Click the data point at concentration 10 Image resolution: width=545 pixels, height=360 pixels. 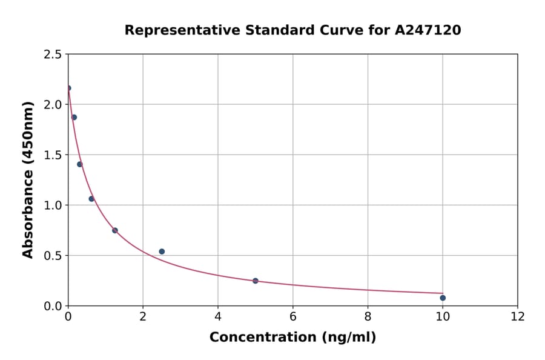pos(443,298)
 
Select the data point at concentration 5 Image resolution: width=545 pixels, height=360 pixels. pos(256,281)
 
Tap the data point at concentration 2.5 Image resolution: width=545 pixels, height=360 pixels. pos(162,252)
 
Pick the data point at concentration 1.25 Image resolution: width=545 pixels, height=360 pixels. pos(115,230)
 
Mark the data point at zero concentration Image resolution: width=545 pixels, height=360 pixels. pos(68,88)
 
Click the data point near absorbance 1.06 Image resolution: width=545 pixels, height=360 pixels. pos(91,199)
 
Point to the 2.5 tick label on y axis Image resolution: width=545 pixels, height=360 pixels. pos(53,55)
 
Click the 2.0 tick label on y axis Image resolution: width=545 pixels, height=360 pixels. pos(53,105)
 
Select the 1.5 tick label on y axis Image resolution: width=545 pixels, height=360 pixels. pos(53,155)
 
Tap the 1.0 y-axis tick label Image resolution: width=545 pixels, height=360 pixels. pos(53,205)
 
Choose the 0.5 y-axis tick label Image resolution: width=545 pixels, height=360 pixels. pos(53,256)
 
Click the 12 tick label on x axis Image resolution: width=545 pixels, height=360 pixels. pos(518,316)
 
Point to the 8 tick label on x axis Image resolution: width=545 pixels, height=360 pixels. pos(368,316)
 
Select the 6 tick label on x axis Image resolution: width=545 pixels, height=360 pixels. pos(293,316)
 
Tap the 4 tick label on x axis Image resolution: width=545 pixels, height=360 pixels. pos(218,316)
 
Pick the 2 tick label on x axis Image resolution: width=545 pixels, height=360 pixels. pos(143,316)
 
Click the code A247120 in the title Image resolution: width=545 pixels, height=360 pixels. pos(428,30)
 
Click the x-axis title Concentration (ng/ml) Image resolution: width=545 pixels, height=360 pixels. pos(292,338)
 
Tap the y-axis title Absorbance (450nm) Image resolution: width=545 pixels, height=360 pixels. pos(28,179)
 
